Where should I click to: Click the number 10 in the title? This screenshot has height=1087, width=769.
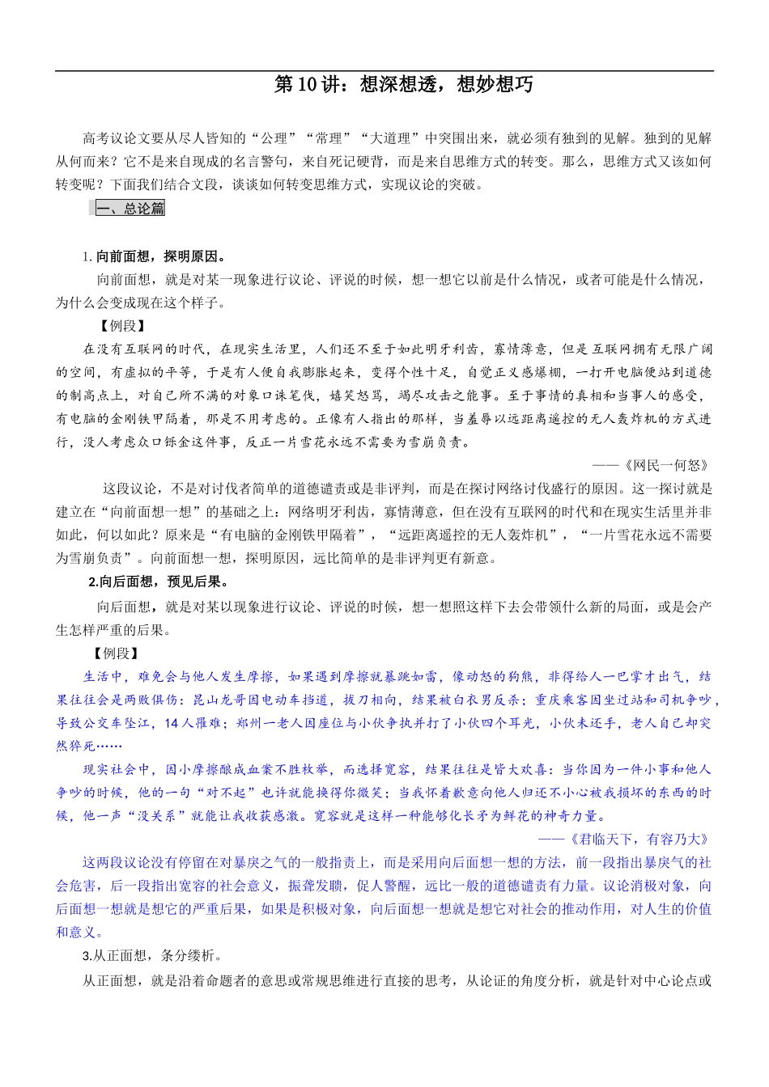pos(308,84)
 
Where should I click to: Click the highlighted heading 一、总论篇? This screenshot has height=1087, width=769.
pos(130,209)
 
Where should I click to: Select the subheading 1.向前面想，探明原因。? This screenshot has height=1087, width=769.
pos(156,256)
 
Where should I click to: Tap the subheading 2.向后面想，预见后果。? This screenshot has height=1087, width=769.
pos(159,582)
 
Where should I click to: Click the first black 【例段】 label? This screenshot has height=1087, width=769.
pos(122,326)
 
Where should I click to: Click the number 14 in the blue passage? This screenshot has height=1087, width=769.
pos(171,723)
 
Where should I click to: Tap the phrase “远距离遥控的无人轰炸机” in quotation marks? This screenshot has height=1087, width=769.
pos(480,535)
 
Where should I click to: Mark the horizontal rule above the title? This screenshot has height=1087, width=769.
pos(384,71)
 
